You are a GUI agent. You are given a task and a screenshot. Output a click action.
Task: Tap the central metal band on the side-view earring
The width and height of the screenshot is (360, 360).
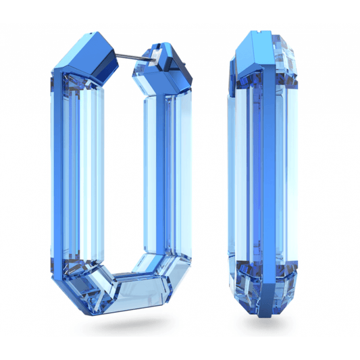coord(268,182)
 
